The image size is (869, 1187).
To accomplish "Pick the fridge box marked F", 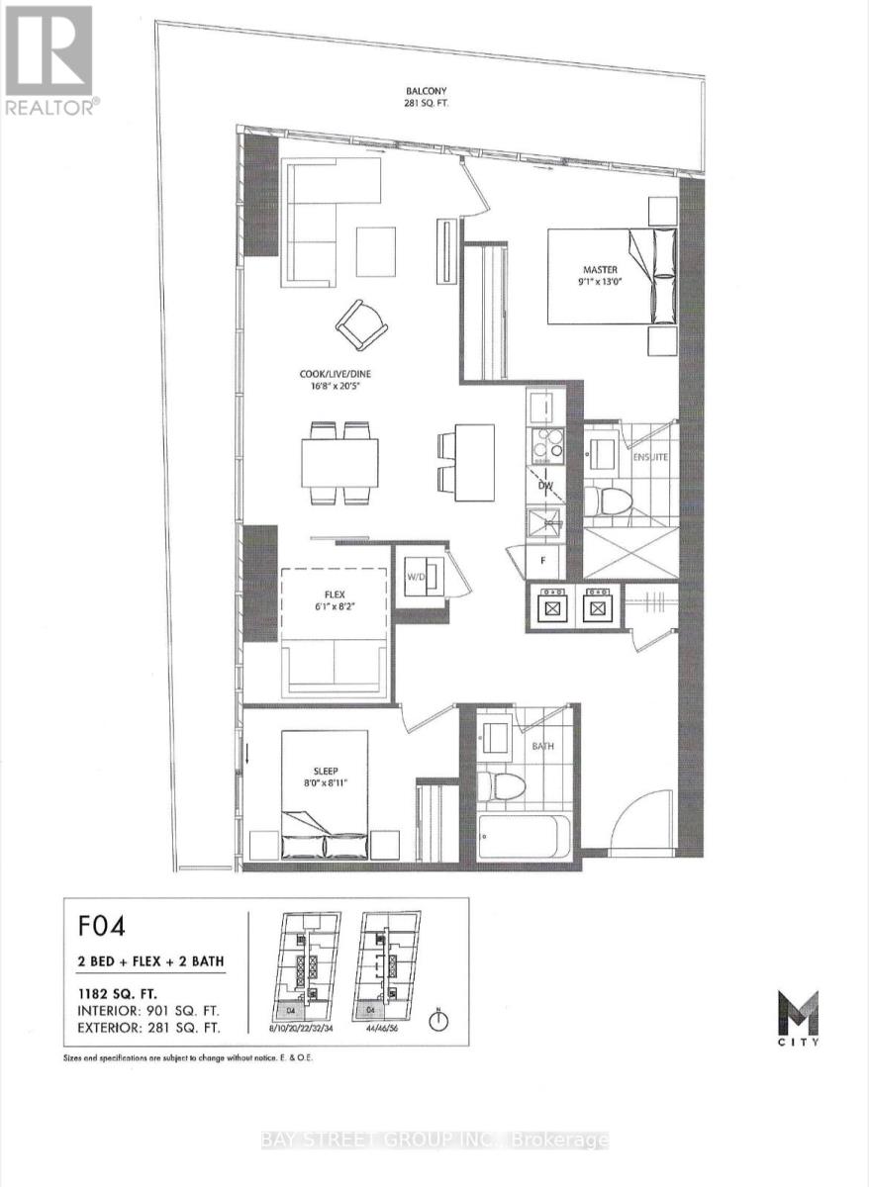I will point(542,560).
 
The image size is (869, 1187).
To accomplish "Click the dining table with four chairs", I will point(339,462).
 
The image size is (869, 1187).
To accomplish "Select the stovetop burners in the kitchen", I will point(545,446).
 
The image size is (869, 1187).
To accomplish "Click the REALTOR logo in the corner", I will point(49,59).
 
